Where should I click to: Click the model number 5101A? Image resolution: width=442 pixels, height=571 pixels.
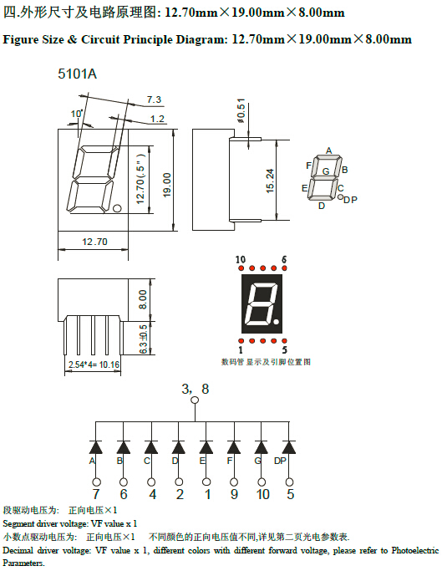[77, 74]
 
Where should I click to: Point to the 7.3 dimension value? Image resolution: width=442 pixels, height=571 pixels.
[154, 99]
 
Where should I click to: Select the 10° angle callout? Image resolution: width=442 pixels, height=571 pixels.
[77, 114]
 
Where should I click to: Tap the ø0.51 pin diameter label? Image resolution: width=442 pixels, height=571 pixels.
[241, 110]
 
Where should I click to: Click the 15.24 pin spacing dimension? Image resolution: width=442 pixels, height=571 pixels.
[270, 181]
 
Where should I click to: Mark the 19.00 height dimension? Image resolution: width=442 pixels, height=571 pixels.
[167, 185]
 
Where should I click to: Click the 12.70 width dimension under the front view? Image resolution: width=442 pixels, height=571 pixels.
[94, 242]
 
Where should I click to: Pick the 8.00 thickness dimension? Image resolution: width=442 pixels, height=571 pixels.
[143, 299]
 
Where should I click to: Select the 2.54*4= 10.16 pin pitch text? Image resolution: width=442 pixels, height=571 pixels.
[94, 365]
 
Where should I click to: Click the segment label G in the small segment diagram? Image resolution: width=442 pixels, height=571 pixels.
[326, 171]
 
